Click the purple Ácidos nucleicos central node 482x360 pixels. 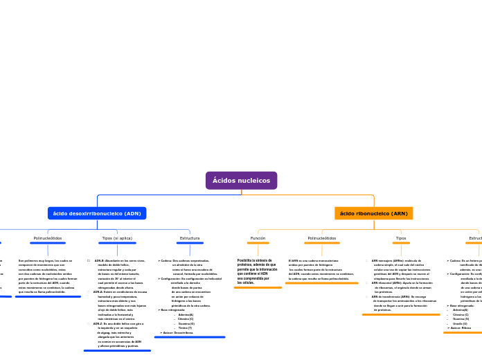coord(241,181)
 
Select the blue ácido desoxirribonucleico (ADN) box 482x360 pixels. coord(97,213)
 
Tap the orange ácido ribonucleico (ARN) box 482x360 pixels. coord(373,213)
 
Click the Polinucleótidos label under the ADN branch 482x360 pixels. coord(48,238)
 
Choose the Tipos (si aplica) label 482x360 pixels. coord(117,238)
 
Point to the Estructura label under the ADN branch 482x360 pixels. coord(190,238)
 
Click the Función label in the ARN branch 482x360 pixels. coord(258,238)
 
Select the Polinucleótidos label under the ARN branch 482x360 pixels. coord(321,238)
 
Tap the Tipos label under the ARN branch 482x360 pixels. coord(401,238)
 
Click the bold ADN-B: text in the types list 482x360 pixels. coord(100,261)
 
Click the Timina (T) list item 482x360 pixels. coord(185,328)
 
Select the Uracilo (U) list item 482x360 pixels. coord(460,323)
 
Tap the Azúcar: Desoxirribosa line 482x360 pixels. coord(179,333)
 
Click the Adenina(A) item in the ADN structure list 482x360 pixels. coord(186,314)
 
